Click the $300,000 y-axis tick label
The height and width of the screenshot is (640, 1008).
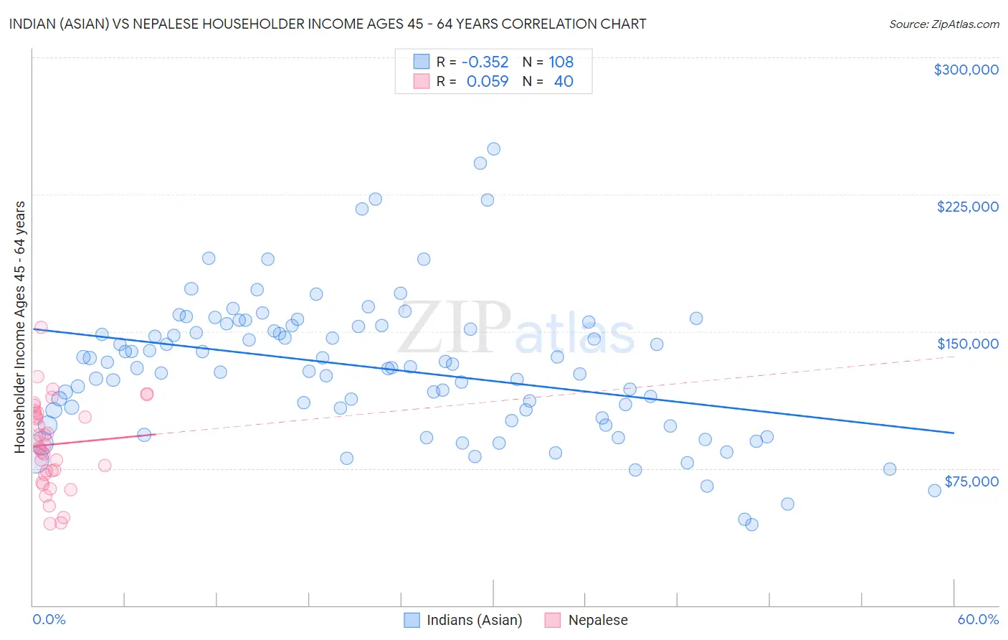[966, 70]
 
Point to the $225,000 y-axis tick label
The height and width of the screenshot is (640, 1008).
[967, 207]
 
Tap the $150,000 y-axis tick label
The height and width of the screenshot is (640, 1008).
[967, 344]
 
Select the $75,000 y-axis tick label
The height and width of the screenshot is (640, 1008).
[971, 481]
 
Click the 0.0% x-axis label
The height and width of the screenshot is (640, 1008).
[49, 619]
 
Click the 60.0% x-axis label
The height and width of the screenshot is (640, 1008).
[978, 619]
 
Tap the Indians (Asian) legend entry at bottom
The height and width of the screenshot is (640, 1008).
[463, 620]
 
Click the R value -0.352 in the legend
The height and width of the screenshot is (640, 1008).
[485, 62]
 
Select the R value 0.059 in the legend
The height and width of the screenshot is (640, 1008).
[488, 82]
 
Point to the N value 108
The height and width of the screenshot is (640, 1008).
[561, 62]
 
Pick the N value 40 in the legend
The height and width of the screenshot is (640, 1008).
[564, 82]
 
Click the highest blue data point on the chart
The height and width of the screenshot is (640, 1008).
[493, 149]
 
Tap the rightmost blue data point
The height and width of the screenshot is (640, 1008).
[934, 491]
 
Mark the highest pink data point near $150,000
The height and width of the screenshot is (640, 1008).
[41, 327]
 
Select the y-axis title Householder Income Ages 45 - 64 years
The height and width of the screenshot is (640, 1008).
[19, 327]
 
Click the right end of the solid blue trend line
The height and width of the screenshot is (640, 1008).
[954, 433]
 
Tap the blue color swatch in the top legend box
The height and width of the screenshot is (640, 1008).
[422, 62]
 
